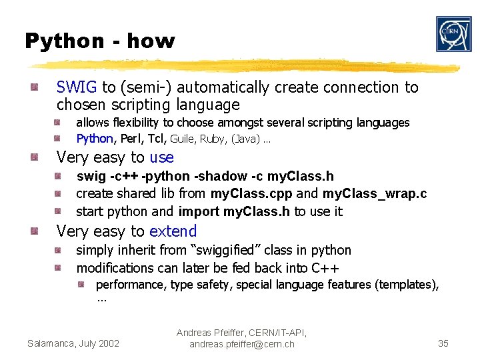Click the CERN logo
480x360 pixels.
pos(453,34)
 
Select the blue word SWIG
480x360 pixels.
pos(77,87)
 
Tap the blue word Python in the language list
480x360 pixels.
pos(95,139)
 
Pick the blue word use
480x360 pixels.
pos(161,158)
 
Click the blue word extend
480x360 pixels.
pos(173,232)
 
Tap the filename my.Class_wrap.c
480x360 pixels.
pos(374,194)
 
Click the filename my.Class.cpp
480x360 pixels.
pos(251,194)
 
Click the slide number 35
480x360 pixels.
pos(443,343)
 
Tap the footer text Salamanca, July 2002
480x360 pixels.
pos(73,343)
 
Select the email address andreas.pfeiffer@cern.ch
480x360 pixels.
pos(241,344)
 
